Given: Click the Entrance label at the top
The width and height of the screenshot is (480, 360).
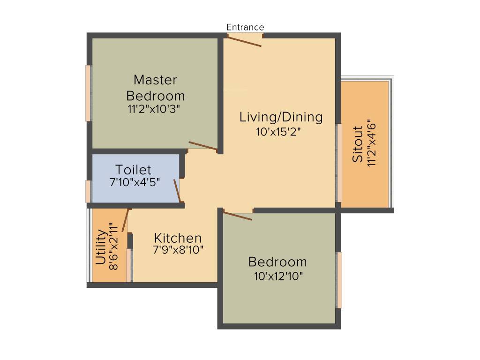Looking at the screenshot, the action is pos(245,27).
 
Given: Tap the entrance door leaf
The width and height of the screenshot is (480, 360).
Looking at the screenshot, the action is pos(244,41).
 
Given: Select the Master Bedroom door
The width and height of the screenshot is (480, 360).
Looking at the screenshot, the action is pos(203,146).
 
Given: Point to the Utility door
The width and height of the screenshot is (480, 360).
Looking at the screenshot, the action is pos(125,220).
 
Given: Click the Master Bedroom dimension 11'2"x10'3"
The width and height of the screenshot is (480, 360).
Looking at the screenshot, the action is pos(153,109).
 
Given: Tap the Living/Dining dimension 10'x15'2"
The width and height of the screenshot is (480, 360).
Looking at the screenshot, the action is pos(278,132).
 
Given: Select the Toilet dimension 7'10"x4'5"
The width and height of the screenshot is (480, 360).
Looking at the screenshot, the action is pos(135,182).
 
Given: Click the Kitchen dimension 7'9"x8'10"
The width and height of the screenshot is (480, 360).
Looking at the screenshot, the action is pos(178,250).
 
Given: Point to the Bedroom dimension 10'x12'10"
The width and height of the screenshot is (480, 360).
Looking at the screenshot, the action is pos(278,277).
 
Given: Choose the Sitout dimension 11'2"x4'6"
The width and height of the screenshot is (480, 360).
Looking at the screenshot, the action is pos(371,142).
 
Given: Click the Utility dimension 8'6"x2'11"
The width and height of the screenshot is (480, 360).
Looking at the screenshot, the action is pos(113,247).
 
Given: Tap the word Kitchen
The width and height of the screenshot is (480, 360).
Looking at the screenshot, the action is pos(178,238).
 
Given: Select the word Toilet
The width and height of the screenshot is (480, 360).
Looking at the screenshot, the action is pos(134,170).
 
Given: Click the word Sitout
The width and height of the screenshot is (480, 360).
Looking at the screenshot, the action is pos(357,144).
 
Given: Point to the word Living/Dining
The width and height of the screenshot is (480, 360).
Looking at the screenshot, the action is pos(281,117).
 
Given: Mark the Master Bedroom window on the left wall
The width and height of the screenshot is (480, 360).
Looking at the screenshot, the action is pos(88,93).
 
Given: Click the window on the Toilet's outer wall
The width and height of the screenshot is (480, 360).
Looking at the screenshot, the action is pos(88,191).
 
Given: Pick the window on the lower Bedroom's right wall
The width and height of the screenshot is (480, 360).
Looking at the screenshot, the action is pos(339,280).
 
